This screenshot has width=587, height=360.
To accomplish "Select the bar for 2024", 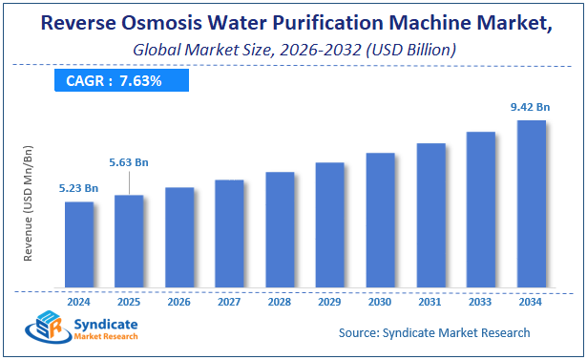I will [x=79, y=244].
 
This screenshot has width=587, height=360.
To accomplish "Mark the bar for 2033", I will [x=480, y=209].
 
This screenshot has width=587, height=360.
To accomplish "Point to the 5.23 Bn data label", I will [x=78, y=188].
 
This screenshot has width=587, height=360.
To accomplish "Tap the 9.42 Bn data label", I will [x=530, y=107].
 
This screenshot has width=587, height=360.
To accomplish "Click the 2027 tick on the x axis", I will [x=229, y=301].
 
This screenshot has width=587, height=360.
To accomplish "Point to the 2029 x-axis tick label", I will [x=329, y=301].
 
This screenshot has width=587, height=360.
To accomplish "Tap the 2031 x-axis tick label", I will [x=430, y=301].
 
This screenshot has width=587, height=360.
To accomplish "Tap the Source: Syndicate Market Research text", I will [x=434, y=332].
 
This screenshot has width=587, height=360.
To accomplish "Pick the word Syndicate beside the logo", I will [x=105, y=326].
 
